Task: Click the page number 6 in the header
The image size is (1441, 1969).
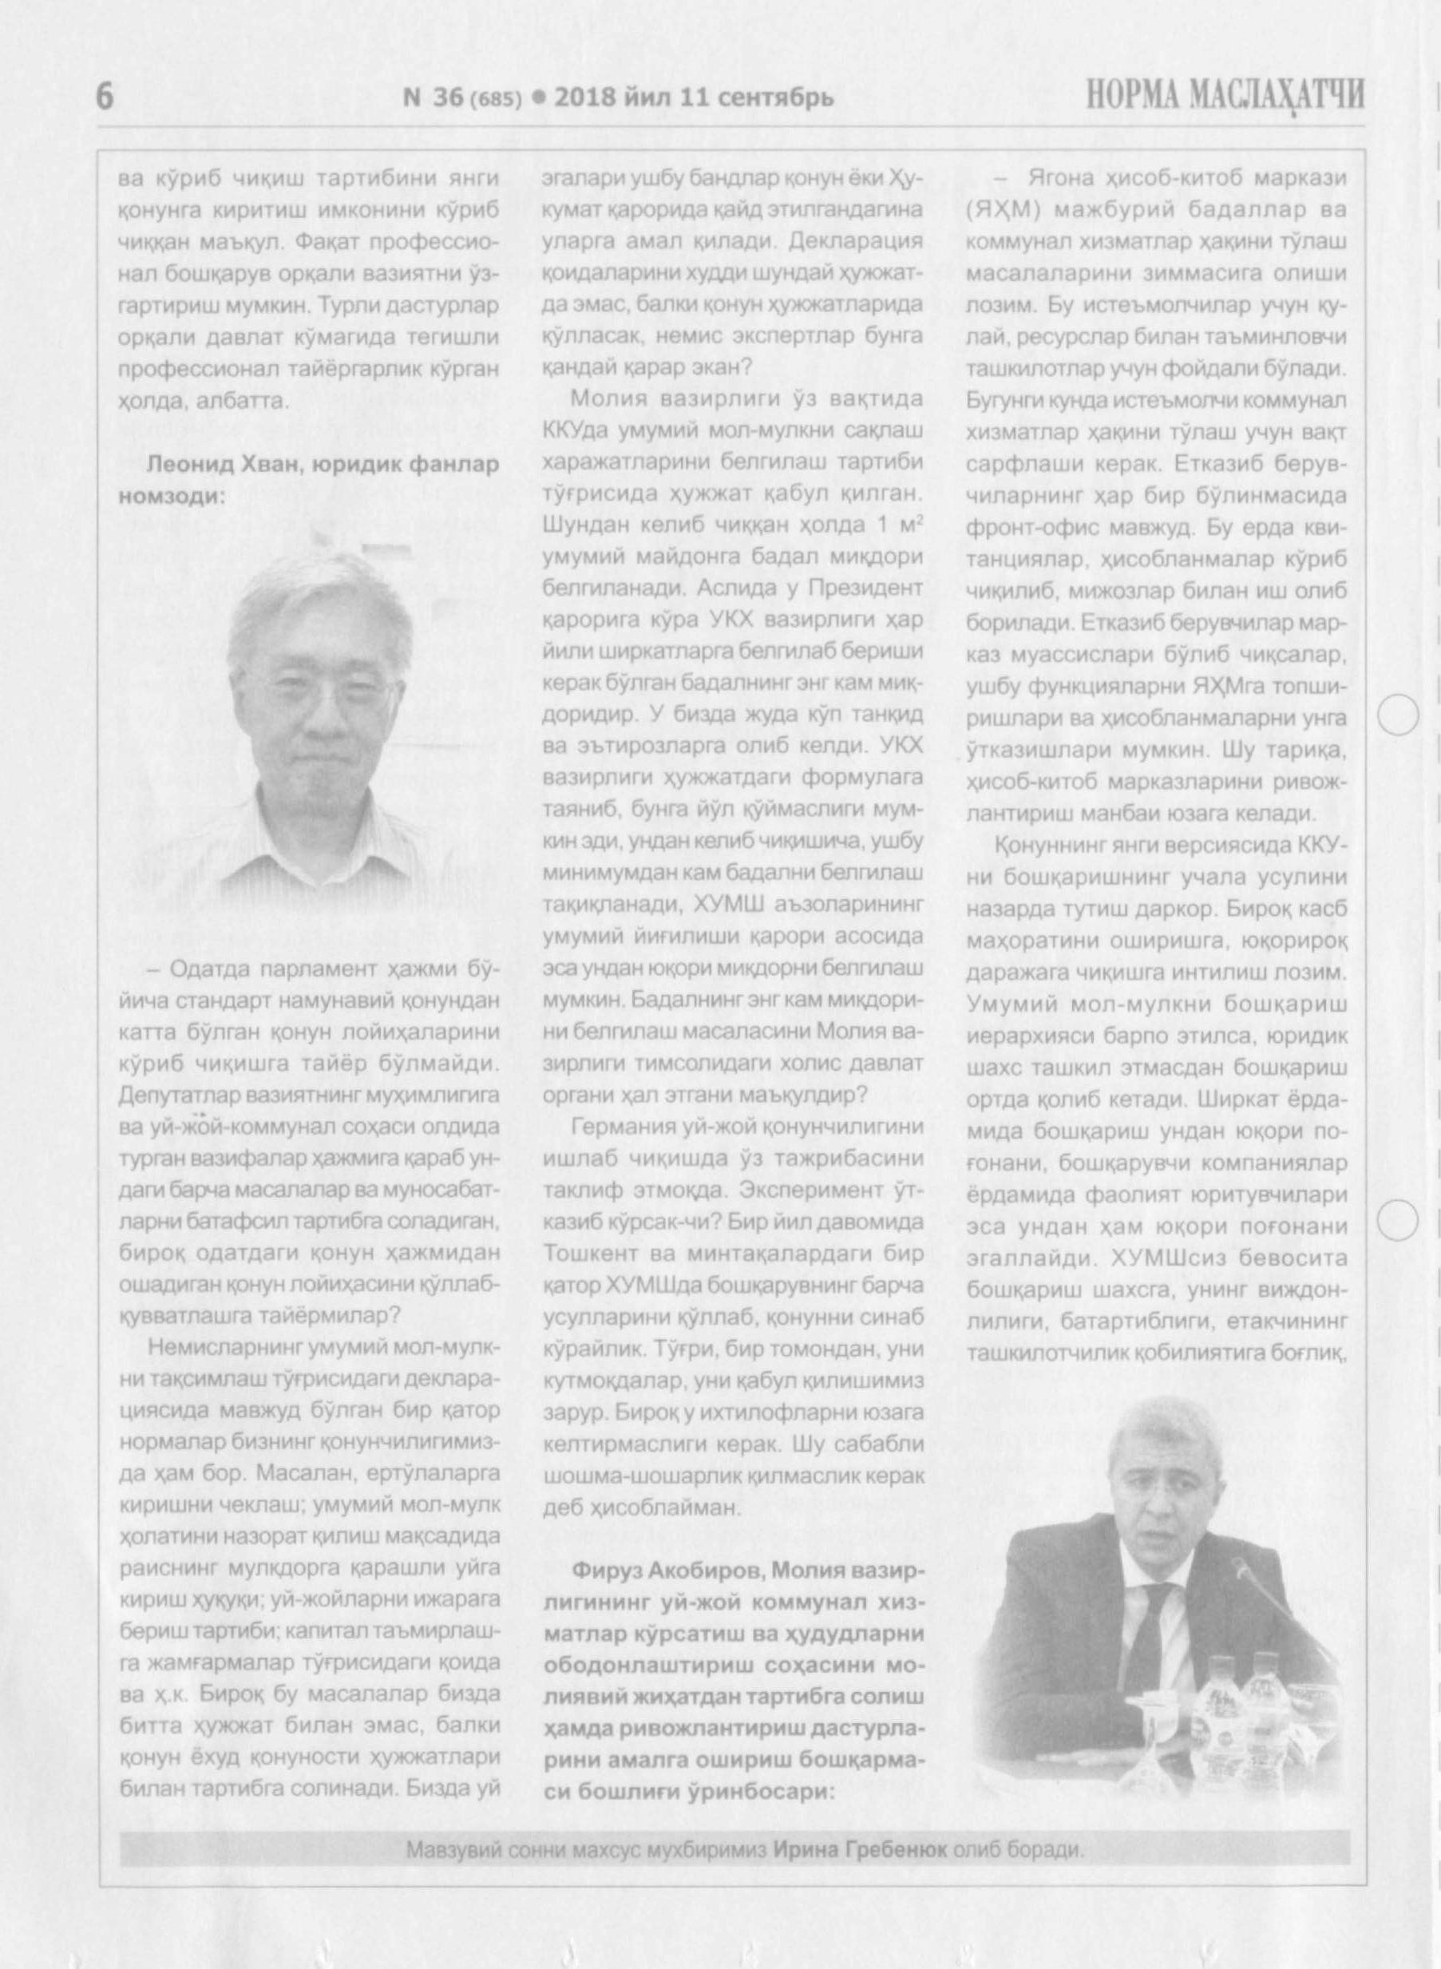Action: click(104, 97)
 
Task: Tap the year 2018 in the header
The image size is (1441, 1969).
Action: click(584, 97)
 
